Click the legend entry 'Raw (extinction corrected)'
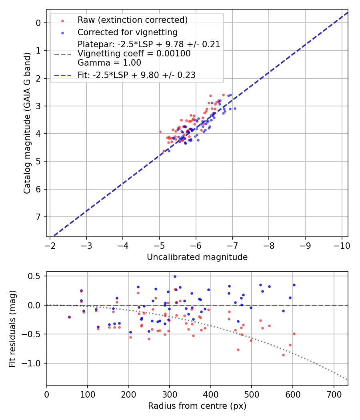coord(132,20)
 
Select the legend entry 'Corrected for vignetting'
coord(127,32)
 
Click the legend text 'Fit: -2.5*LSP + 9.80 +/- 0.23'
coord(136,75)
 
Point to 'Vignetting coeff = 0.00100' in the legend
coord(134,54)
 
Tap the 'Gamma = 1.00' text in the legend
coord(109,63)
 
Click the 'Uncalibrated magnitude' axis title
coord(197,257)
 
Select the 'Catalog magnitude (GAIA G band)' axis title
coord(27,124)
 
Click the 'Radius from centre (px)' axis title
coord(197,406)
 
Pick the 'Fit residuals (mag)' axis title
coord(13,328)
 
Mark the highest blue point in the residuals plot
coord(175,276)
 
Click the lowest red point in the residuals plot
coord(283,355)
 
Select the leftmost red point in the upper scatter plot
coord(160,132)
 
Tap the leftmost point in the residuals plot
coord(69,317)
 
